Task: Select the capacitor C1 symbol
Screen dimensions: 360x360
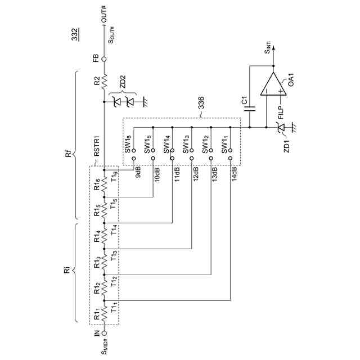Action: (x=251, y=107)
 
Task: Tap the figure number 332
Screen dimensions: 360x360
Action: (x=74, y=35)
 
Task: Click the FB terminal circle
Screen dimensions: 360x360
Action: (x=103, y=59)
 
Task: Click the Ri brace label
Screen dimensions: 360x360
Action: (x=68, y=273)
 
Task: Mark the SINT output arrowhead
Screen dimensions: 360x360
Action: (x=273, y=48)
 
